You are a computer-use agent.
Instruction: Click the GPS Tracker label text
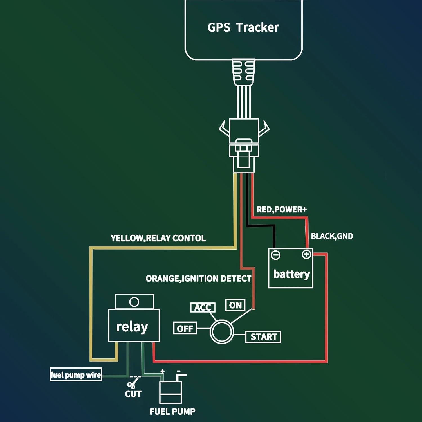(243, 27)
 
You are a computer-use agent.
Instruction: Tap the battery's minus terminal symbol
(275, 255)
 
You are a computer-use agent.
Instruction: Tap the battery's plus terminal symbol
(306, 255)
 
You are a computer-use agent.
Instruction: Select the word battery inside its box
(291, 274)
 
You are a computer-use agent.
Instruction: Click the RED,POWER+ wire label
(281, 210)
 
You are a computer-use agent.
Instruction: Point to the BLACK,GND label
(332, 236)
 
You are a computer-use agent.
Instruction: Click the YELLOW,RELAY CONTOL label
(158, 238)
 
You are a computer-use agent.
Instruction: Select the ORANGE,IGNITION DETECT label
(198, 279)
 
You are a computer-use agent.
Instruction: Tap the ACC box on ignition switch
(203, 307)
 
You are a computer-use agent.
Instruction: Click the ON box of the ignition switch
(235, 305)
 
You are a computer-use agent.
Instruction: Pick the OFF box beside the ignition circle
(185, 328)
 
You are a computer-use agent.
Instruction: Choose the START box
(263, 337)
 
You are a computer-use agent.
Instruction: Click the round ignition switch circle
(222, 331)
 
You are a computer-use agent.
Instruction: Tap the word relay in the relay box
(132, 327)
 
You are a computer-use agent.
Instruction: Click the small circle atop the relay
(134, 302)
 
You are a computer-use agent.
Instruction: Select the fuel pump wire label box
(76, 375)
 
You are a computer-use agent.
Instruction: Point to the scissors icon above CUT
(133, 383)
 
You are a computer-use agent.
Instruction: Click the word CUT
(133, 394)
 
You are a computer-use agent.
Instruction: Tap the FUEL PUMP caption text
(172, 412)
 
